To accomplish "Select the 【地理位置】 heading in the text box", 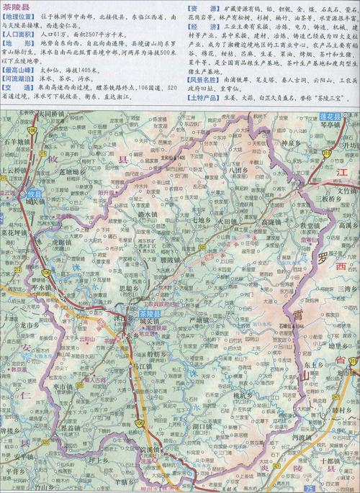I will point(19,14).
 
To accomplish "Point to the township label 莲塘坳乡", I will point(73,172).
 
